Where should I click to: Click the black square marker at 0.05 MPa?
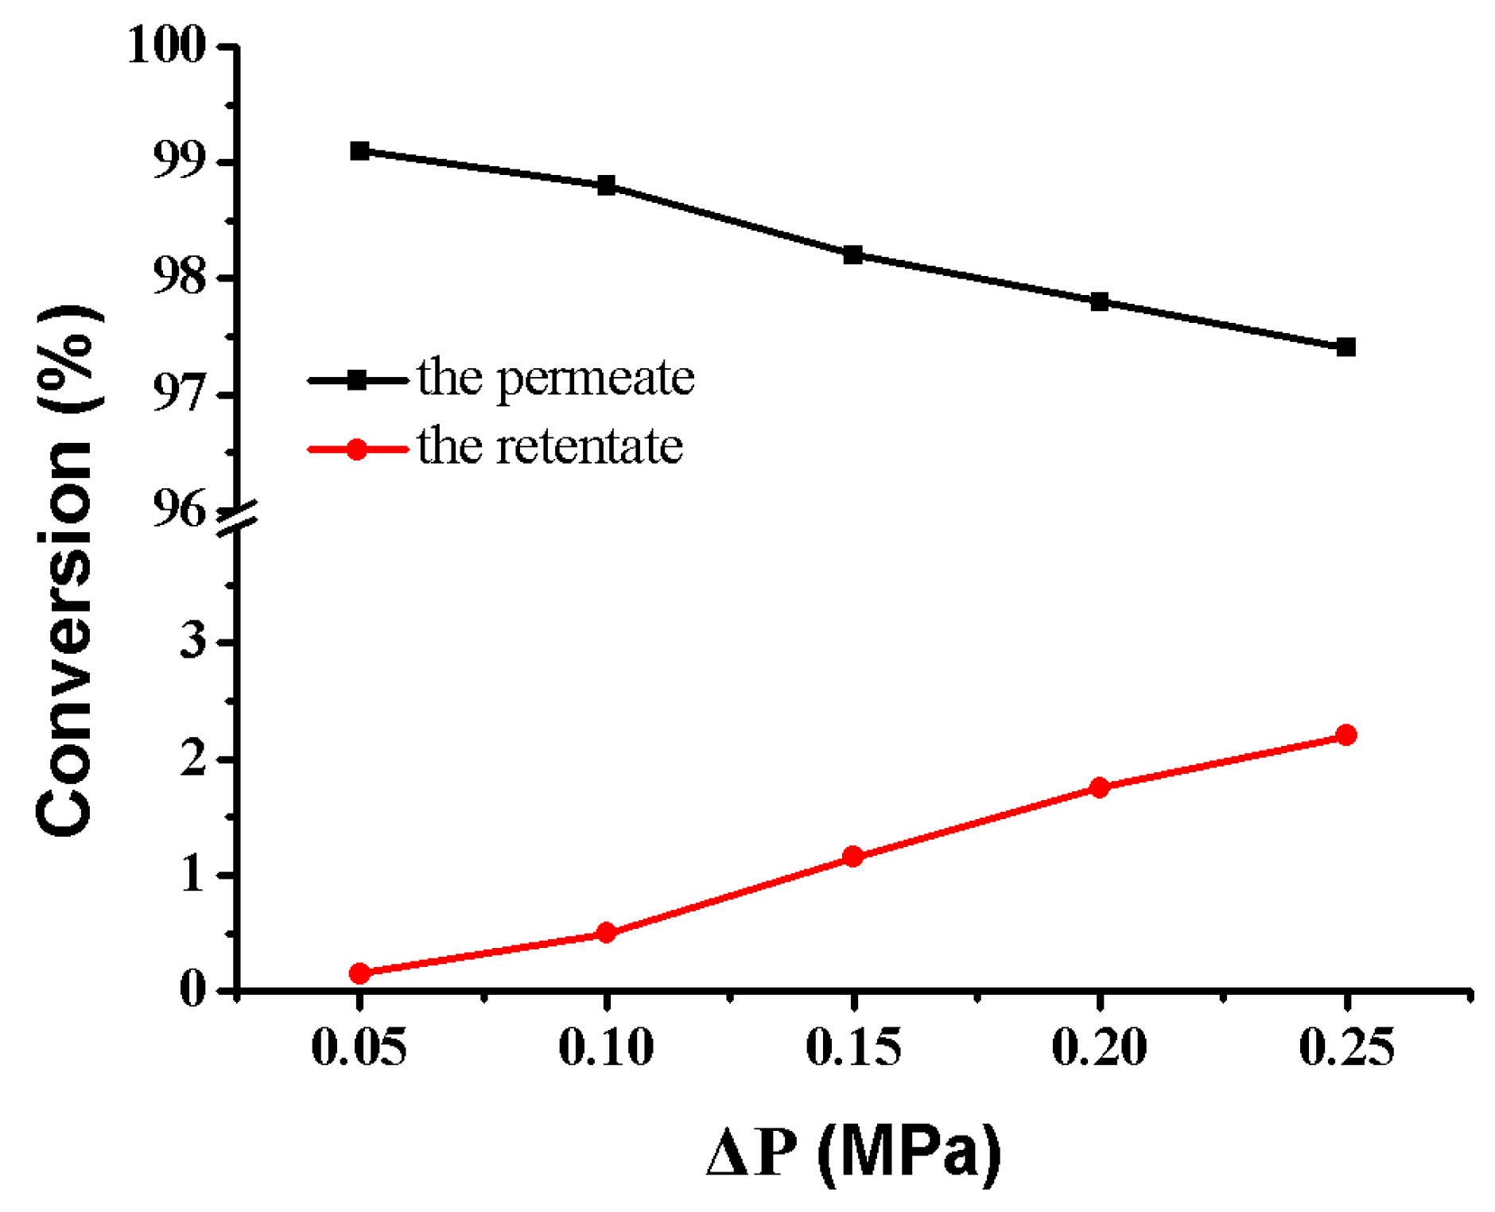tap(359, 150)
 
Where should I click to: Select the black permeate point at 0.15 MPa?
tap(852, 255)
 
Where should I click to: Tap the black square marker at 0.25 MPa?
tap(1345, 347)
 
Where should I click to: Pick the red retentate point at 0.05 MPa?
tap(359, 973)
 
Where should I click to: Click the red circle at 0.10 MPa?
tap(606, 932)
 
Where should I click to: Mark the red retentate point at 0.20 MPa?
tap(1099, 787)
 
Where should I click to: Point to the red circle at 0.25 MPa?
tap(1345, 735)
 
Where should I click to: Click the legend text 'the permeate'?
tap(555, 378)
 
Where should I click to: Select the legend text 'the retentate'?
tap(549, 446)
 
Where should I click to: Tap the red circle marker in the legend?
tap(357, 449)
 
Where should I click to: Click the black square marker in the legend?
tap(357, 380)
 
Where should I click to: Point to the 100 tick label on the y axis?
tap(166, 45)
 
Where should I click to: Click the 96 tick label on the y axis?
tap(179, 509)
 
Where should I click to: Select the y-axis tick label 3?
tap(193, 641)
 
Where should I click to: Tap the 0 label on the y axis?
tap(193, 990)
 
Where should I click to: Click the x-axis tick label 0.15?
tap(852, 1047)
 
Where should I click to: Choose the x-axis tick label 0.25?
tap(1345, 1047)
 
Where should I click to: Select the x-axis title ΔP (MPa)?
tap(853, 1151)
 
